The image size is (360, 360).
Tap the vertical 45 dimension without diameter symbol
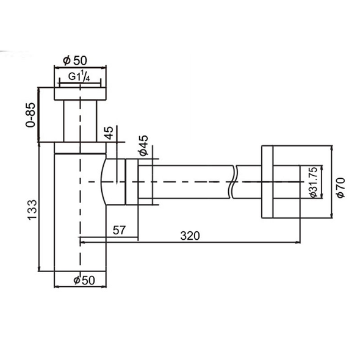tap(109, 133)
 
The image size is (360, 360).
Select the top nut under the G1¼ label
tap(79, 93)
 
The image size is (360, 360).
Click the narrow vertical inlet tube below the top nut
tap(79, 122)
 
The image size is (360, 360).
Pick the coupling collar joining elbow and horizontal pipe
tap(131, 182)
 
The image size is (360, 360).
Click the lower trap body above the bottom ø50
tap(79, 244)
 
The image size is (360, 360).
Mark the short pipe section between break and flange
tap(248, 182)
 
